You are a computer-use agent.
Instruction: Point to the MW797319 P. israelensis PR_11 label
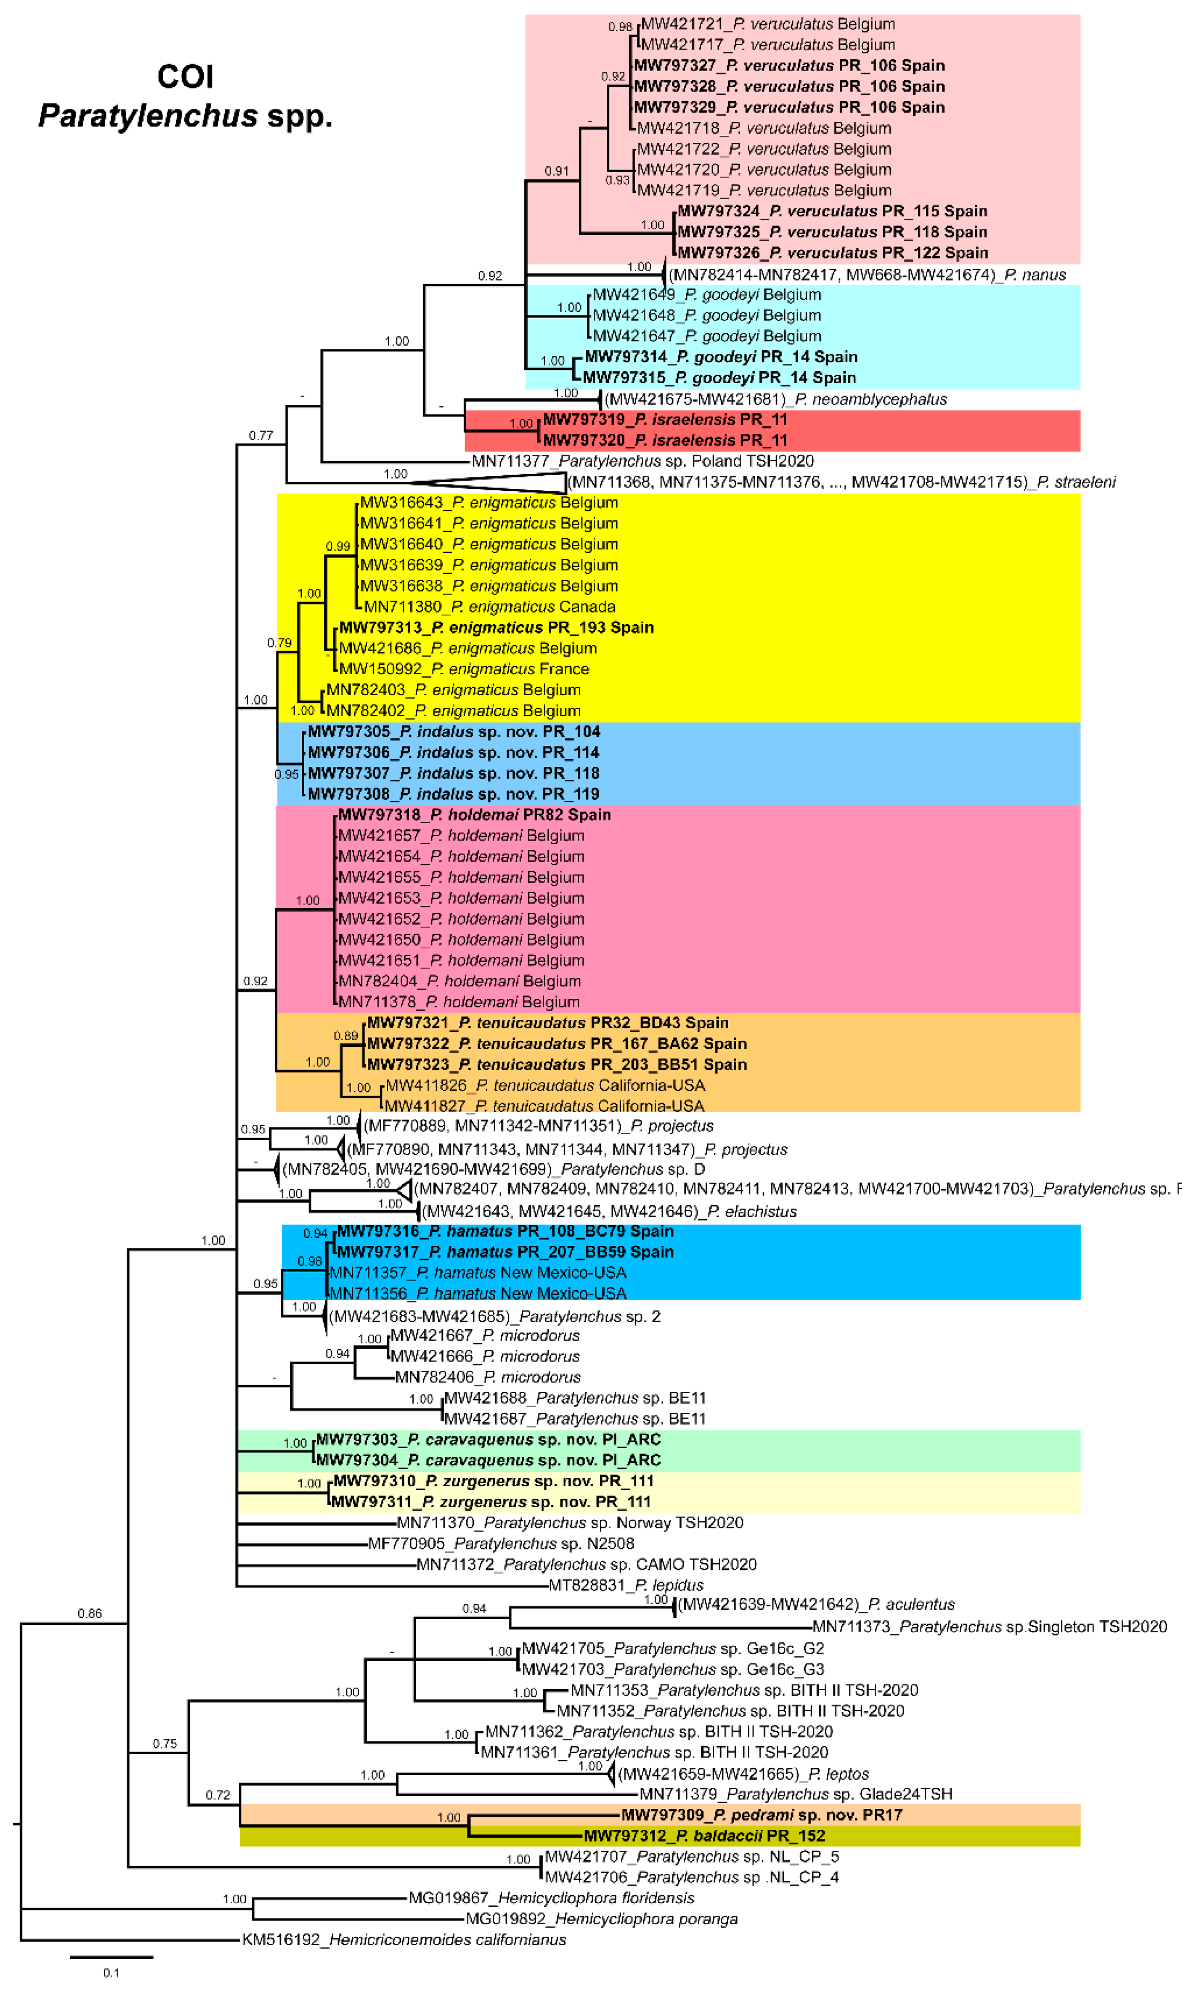[665, 420]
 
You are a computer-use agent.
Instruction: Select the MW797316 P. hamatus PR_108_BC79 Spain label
[505, 1231]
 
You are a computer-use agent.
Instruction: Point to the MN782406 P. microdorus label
[488, 1377]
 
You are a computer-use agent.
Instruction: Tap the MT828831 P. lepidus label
[626, 1585]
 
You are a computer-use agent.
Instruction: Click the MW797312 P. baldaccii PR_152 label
[704, 1835]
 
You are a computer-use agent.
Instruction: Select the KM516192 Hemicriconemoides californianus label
[404, 1939]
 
